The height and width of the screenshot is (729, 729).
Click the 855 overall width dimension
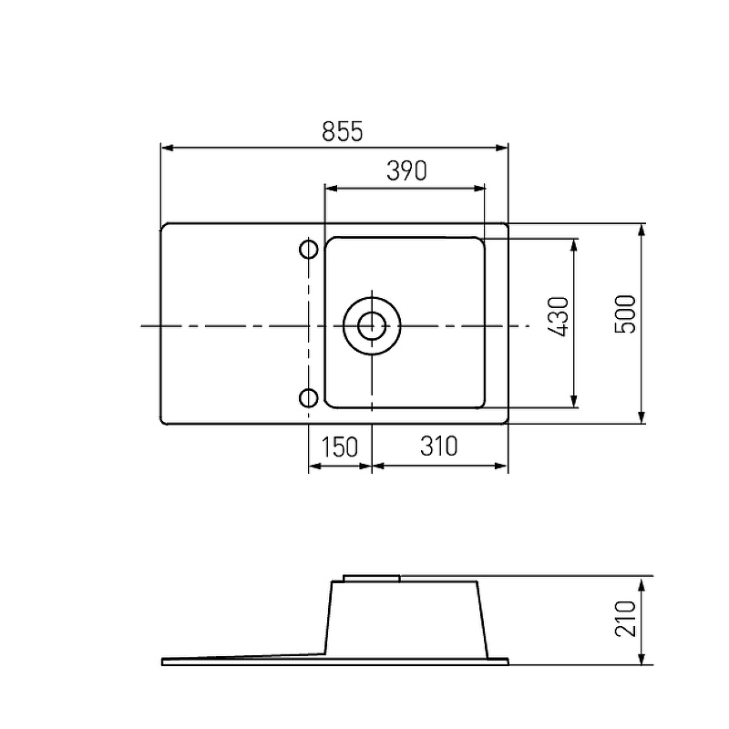click(x=343, y=131)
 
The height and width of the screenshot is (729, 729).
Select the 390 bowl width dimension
click(x=406, y=170)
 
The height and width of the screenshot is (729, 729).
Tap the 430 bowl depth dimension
click(x=559, y=316)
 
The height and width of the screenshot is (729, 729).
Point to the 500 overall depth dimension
click(x=625, y=313)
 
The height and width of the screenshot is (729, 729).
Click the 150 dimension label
click(x=340, y=447)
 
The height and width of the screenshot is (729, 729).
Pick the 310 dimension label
click(x=438, y=447)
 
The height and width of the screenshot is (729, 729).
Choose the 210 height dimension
click(x=625, y=619)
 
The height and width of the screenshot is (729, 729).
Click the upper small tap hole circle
click(x=309, y=249)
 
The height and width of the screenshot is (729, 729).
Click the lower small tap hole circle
click(x=309, y=398)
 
